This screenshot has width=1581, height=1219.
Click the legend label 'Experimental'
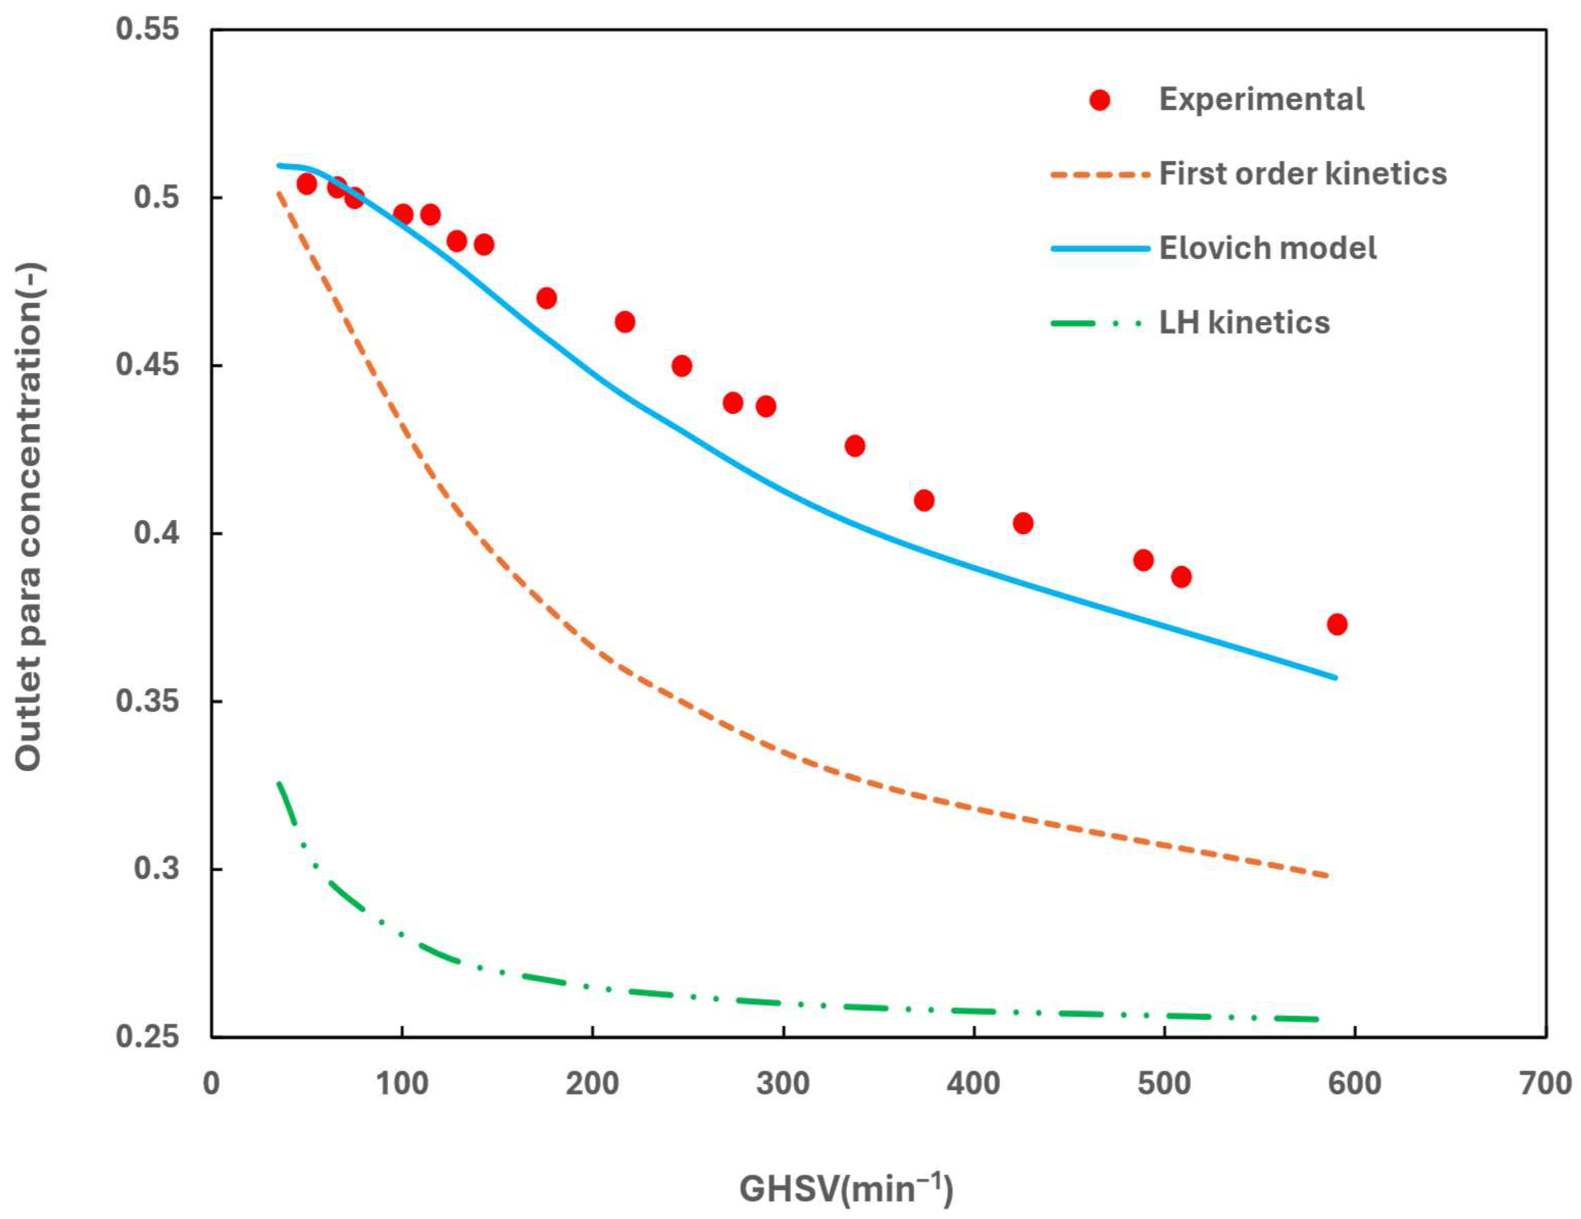point(1261,99)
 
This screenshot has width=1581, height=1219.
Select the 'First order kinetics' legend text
point(1303,174)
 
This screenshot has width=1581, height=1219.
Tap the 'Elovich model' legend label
point(1267,248)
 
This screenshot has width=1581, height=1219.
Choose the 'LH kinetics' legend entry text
point(1244,323)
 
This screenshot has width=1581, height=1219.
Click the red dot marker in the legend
point(1100,100)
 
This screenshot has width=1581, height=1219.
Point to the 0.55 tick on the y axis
point(148,31)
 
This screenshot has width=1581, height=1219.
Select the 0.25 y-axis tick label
point(148,1036)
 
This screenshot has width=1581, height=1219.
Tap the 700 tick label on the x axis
point(1545,1083)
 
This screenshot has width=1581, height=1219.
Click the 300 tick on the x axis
point(783,1083)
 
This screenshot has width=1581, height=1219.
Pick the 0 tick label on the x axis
point(211,1083)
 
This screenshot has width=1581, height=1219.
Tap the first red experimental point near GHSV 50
point(306,184)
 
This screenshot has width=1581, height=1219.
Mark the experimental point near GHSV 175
point(547,298)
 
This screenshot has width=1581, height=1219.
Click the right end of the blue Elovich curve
point(1335,678)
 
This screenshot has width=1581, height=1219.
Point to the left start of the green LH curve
point(278,783)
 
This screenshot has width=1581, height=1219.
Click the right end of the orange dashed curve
point(1328,876)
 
